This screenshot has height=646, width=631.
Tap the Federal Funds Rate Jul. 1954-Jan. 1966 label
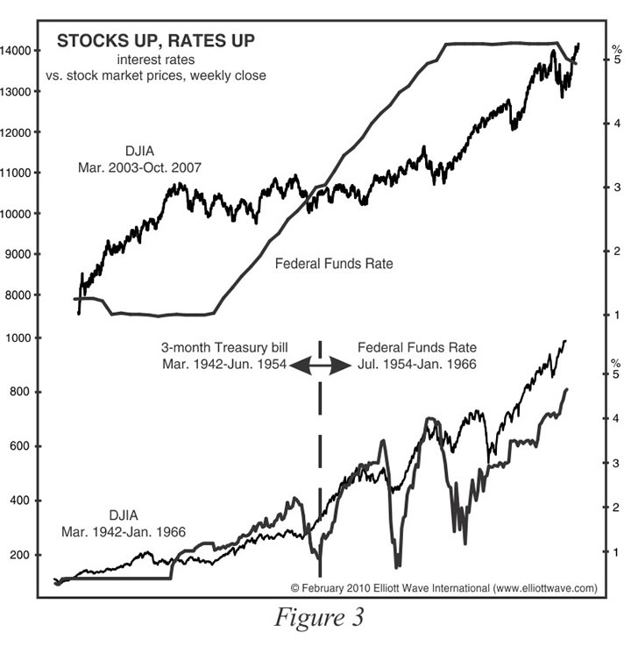[416, 355]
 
